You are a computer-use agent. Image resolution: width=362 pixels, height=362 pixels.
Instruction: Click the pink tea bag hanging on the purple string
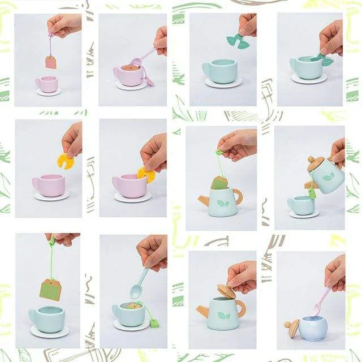[51, 62]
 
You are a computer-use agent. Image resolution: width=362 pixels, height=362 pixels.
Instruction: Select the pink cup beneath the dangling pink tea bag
[46, 84]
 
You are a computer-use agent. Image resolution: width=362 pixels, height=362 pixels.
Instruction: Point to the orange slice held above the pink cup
[66, 161]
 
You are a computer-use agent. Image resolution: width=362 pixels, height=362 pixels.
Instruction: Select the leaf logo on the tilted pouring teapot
[328, 177]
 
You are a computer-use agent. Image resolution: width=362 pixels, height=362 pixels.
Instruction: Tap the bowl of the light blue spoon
[136, 291]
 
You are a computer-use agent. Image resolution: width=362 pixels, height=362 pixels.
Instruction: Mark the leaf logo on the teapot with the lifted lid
[224, 316]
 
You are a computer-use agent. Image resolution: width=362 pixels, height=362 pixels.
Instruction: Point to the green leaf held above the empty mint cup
[234, 40]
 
